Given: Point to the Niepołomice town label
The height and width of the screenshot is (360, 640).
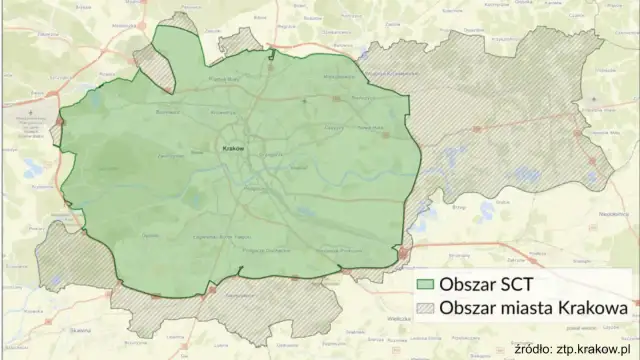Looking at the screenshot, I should [613, 212].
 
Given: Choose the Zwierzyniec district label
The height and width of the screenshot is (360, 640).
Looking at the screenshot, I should [168, 155].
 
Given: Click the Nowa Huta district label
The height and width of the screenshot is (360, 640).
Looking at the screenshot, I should [372, 127].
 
